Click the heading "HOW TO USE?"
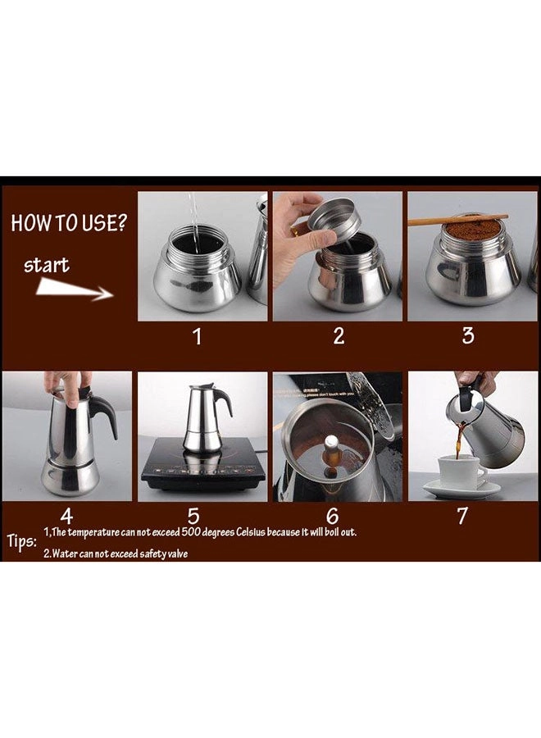(69, 223)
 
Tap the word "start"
(46, 265)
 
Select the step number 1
(197, 336)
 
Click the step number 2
(339, 336)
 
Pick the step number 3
(468, 336)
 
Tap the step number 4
(67, 517)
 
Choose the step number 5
(194, 517)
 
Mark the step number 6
(332, 517)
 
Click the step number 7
(462, 517)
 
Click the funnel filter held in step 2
(333, 219)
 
